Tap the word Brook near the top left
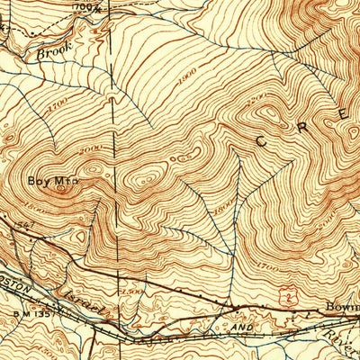[53, 53]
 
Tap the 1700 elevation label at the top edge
[106, 5]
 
